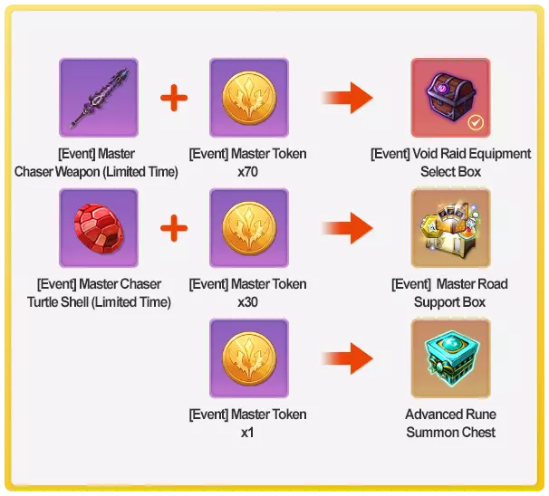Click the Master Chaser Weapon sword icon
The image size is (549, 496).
(x=99, y=98)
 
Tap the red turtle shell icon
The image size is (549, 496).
(x=99, y=228)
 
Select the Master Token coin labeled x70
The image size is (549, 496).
(x=248, y=98)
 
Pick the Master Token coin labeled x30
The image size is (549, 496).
(x=248, y=228)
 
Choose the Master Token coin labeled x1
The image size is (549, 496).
(x=248, y=358)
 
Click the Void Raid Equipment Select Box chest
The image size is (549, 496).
(x=450, y=98)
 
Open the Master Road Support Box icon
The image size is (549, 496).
(x=450, y=228)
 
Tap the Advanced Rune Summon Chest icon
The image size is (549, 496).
(x=450, y=358)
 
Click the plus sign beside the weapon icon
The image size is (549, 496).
(x=174, y=98)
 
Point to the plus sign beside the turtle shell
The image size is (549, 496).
(x=174, y=228)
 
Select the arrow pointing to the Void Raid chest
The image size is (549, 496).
(x=349, y=98)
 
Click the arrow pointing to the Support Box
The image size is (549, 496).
(x=349, y=228)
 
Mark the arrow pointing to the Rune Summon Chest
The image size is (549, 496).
(x=349, y=358)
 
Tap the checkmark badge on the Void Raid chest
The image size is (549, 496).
(x=476, y=122)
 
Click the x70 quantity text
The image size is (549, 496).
(x=248, y=171)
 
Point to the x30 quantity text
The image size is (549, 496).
(x=248, y=301)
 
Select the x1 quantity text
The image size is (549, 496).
(x=248, y=432)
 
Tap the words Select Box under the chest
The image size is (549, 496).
(x=450, y=171)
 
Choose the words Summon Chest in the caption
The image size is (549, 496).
(x=450, y=432)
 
